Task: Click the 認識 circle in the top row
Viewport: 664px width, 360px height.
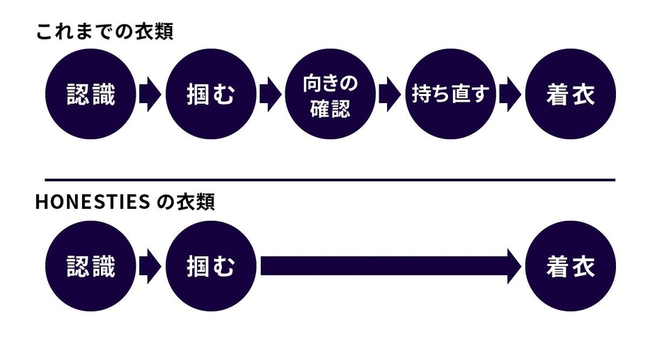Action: pyautogui.click(x=90, y=95)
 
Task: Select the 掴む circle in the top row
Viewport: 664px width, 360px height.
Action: pyautogui.click(x=211, y=95)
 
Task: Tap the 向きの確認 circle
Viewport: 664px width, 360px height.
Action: pyautogui.click(x=331, y=95)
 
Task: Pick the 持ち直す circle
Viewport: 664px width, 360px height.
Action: pyautogui.click(x=451, y=95)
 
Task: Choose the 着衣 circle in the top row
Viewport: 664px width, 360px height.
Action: pyautogui.click(x=571, y=95)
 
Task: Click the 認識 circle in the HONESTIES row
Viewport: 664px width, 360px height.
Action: pyautogui.click(x=90, y=267)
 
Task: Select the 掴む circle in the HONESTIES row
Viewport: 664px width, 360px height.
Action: pyautogui.click(x=211, y=267)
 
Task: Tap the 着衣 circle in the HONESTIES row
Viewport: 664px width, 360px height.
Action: pyautogui.click(x=571, y=267)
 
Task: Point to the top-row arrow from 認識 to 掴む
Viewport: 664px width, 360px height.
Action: pyautogui.click(x=150, y=95)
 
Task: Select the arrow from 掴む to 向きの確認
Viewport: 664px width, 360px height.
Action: pyautogui.click(x=270, y=95)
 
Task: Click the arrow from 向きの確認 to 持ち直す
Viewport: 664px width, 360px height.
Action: pyautogui.click(x=390, y=95)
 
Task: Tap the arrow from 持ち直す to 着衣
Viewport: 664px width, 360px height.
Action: pyautogui.click(x=510, y=95)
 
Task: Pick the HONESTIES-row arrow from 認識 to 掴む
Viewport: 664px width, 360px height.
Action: pyautogui.click(x=150, y=267)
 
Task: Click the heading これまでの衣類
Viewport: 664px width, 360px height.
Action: pyautogui.click(x=105, y=32)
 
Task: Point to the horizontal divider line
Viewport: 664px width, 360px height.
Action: pyautogui.click(x=330, y=180)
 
